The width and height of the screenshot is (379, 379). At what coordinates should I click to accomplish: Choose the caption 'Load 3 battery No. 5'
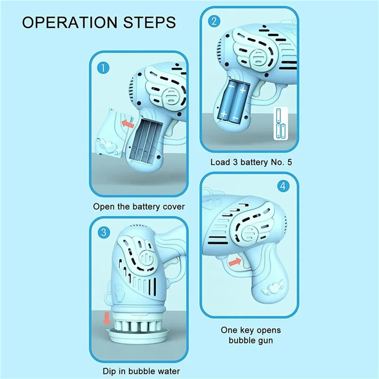pos(251,162)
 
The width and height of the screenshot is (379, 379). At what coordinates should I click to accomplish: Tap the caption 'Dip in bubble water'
pos(141,371)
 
